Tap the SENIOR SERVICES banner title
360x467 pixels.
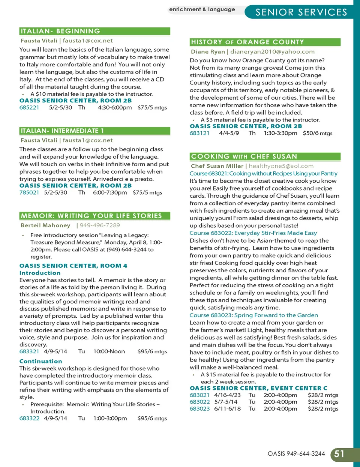[301, 12]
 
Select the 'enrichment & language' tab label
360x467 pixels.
[202, 9]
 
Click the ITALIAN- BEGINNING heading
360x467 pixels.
[60, 31]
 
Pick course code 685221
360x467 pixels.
[29, 108]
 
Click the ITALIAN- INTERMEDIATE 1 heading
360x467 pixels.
[62, 131]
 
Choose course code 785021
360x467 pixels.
[29, 193]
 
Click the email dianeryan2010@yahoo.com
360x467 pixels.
[272, 52]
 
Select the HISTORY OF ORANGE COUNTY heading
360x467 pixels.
[247, 42]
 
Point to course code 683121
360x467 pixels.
[199, 133]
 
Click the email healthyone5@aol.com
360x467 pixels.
[281, 166]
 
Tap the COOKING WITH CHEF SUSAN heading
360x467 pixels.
[244, 156]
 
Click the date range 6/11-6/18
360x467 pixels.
[227, 409]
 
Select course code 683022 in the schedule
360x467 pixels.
[199, 402]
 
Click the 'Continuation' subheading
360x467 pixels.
[41, 361]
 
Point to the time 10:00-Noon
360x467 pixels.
[109, 351]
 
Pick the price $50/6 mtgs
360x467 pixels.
[317, 133]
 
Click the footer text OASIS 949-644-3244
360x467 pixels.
[296, 454]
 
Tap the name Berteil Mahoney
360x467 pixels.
[45, 225]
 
